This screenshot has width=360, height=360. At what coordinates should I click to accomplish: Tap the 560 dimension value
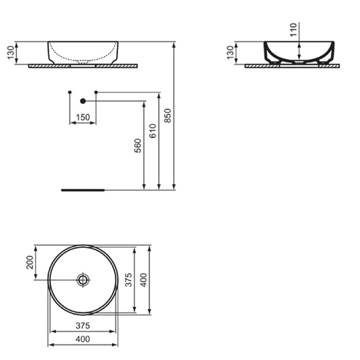click(x=138, y=147)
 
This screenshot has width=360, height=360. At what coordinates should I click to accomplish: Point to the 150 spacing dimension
click(x=82, y=118)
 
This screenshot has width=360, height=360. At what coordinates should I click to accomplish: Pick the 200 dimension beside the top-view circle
click(x=30, y=262)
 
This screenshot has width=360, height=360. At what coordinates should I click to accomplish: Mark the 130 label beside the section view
click(x=231, y=53)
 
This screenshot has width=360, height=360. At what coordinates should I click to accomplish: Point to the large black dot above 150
click(x=83, y=101)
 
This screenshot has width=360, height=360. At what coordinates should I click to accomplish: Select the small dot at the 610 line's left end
click(x=96, y=91)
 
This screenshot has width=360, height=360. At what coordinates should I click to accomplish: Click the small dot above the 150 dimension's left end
click(x=70, y=91)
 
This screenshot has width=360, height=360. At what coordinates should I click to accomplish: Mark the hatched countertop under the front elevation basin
click(x=83, y=66)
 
